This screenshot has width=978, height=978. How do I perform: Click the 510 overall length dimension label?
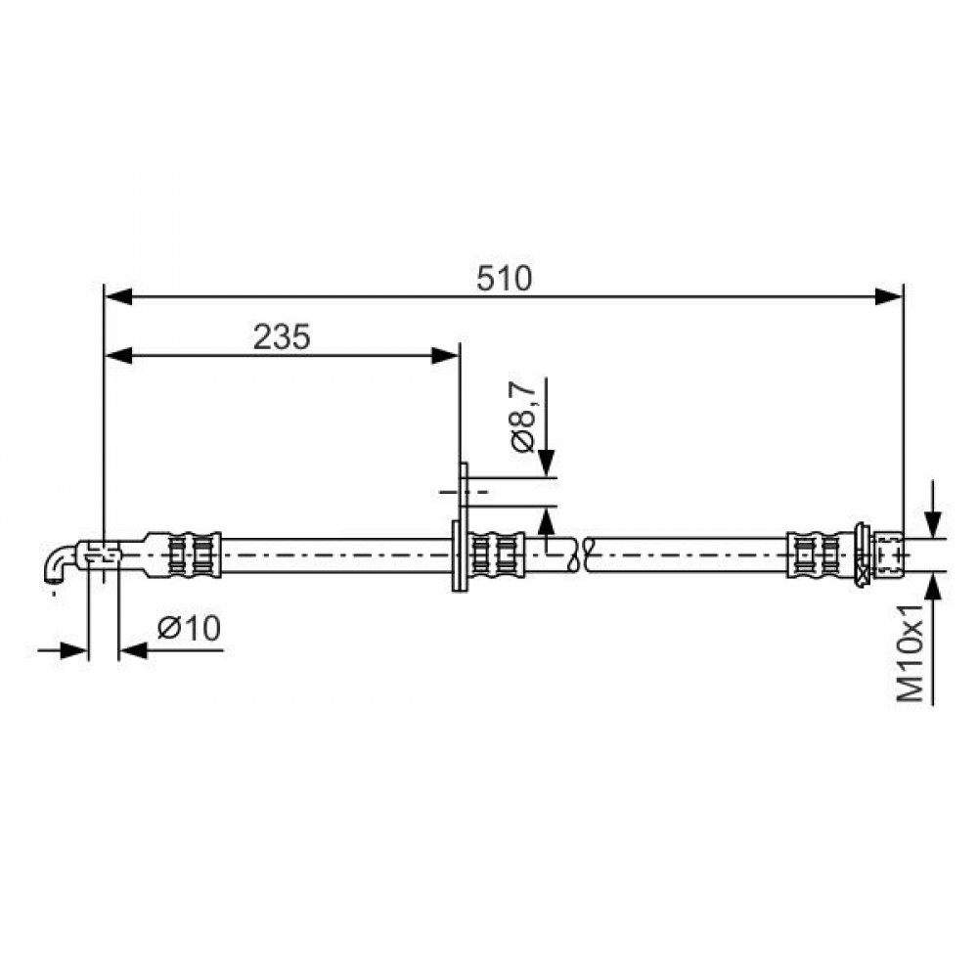[x=504, y=279]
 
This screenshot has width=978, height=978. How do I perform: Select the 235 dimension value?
[x=282, y=337]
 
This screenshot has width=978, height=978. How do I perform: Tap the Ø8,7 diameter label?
[x=522, y=416]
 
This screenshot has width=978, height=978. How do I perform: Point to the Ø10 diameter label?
[x=189, y=628]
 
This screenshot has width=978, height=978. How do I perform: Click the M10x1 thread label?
[x=911, y=652]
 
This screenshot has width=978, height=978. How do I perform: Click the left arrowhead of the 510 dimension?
[x=118, y=297]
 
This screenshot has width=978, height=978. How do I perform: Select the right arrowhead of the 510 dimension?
[x=889, y=297]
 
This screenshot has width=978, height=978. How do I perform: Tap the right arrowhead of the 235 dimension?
[x=445, y=356]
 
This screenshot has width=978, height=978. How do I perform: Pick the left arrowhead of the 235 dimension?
[x=118, y=356]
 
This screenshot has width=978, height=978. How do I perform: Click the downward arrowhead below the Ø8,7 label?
[x=547, y=464]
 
